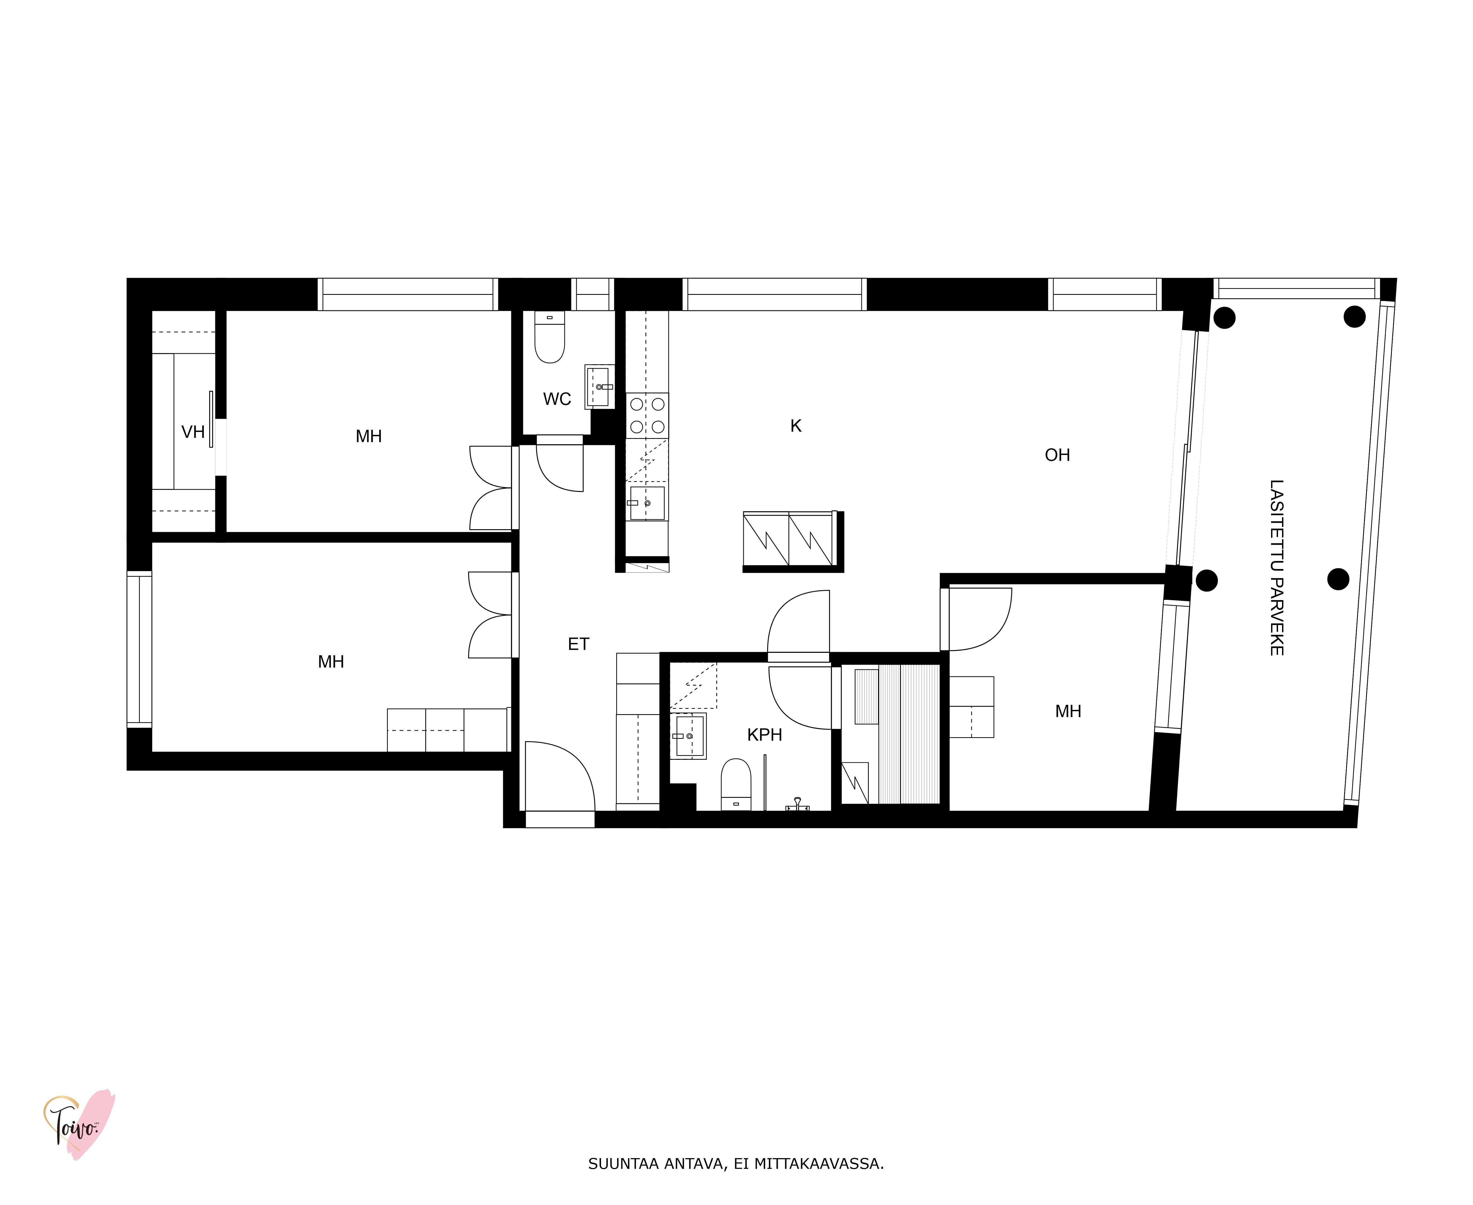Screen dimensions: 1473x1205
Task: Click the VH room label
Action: click(193, 432)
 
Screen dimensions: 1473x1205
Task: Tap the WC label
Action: click(557, 399)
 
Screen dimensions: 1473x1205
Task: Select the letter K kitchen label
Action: click(796, 426)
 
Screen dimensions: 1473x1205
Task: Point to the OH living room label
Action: click(1057, 455)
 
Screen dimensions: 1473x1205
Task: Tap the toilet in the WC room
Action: click(549, 337)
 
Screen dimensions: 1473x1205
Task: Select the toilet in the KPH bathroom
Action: click(736, 784)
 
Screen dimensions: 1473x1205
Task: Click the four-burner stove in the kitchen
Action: click(647, 415)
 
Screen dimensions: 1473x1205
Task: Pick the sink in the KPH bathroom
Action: click(689, 736)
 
